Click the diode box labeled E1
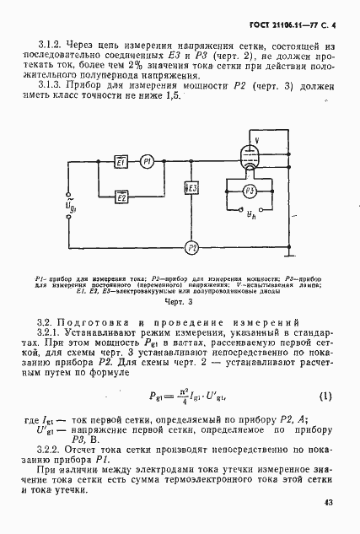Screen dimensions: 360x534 121,162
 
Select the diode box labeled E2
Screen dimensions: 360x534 121,198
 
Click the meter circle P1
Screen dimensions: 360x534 147,162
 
